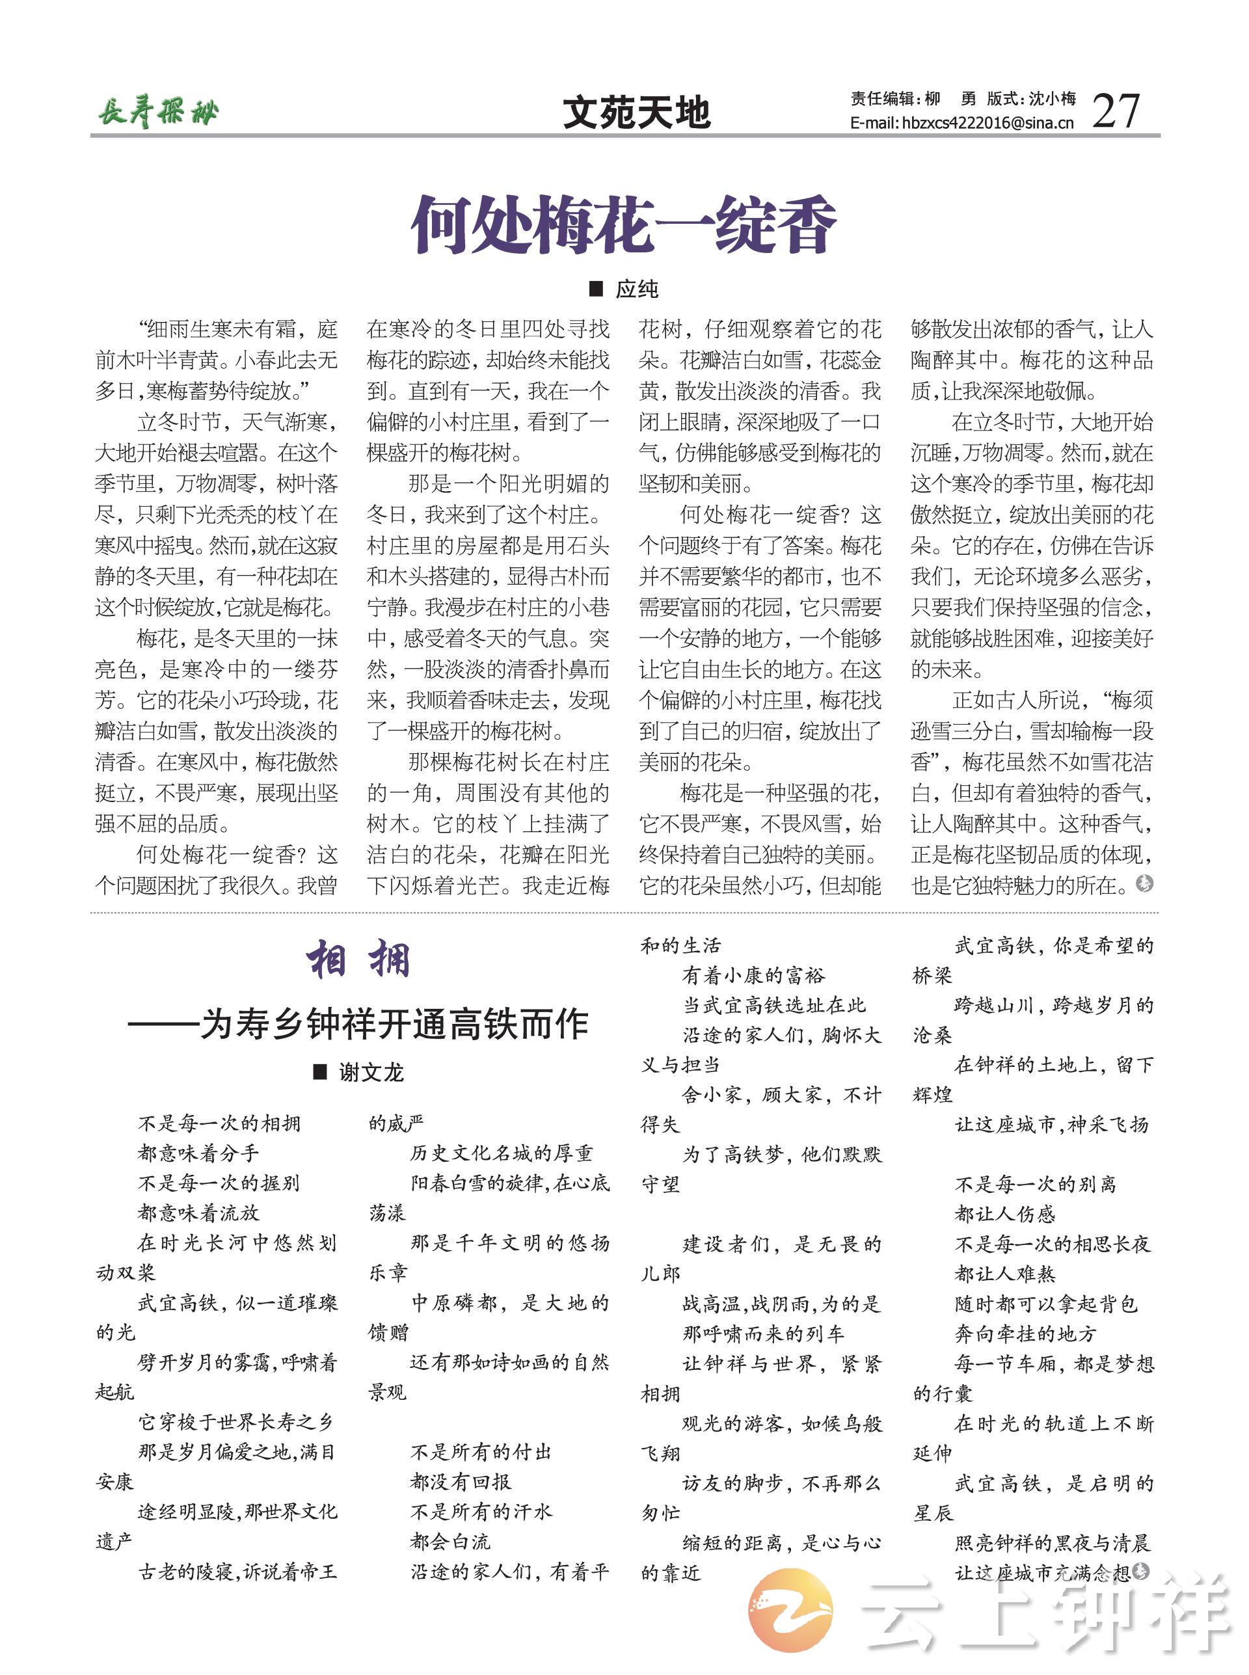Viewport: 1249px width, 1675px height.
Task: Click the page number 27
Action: pos(1115,111)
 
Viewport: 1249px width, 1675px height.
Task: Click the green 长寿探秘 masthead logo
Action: pos(158,113)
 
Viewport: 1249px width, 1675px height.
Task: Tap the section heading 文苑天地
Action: pos(637,113)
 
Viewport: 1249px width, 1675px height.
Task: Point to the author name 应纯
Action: pos(637,289)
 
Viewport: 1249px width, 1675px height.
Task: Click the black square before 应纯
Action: pos(596,288)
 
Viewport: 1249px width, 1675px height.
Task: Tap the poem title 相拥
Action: pos(358,960)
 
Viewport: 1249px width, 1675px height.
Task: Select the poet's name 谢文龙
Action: pos(370,1072)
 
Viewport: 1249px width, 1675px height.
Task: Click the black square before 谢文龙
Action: pos(320,1071)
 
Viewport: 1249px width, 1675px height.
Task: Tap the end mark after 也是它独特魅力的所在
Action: pos(1145,883)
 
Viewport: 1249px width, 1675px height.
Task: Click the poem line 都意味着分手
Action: pos(198,1153)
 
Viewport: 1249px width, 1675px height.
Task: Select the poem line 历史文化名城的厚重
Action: pos(502,1153)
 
